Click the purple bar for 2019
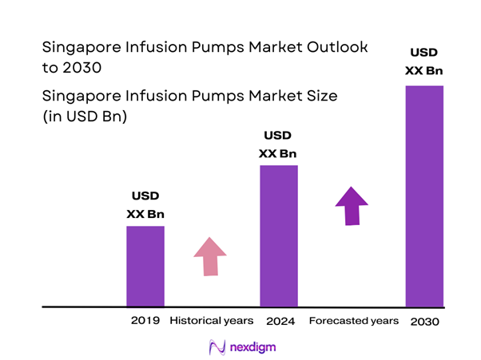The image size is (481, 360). click(x=145, y=266)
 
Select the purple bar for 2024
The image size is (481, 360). click(x=279, y=235)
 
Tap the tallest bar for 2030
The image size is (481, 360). click(x=424, y=196)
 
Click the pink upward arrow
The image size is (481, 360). click(x=210, y=257)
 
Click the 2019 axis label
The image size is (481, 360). click(x=145, y=321)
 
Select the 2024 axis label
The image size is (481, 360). click(x=279, y=321)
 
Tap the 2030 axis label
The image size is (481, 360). click(x=424, y=321)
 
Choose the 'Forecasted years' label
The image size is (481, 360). click(x=353, y=321)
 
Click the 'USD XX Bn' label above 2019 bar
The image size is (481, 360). click(x=145, y=204)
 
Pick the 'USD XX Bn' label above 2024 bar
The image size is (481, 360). click(x=278, y=144)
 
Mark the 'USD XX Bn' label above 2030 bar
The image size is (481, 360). click(x=424, y=61)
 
